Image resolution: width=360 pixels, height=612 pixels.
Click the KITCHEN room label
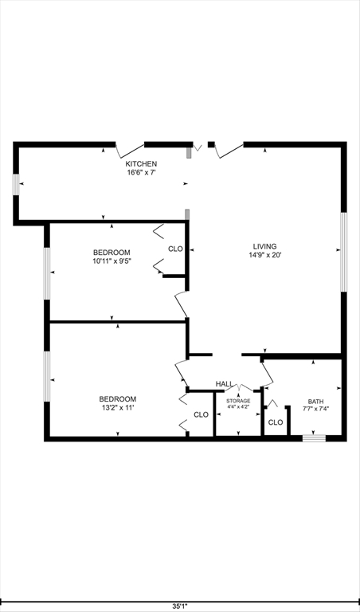[135, 163]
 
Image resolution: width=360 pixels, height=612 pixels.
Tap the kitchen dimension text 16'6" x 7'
[135, 172]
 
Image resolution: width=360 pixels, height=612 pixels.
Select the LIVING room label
[266, 246]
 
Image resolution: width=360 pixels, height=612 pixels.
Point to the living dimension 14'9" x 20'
[266, 256]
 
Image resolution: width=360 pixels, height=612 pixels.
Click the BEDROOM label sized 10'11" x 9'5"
[112, 252]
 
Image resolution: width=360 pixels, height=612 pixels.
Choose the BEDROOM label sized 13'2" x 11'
[117, 398]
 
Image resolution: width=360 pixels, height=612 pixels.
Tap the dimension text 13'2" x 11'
[117, 408]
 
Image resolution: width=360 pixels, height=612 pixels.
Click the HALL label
[224, 384]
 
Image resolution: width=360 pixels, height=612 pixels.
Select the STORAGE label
[238, 401]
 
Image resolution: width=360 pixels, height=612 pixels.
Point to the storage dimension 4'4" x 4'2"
[238, 407]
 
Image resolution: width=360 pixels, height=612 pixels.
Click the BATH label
[316, 402]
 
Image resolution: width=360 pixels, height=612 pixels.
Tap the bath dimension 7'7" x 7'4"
[316, 409]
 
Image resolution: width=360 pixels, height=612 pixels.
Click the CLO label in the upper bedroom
[175, 249]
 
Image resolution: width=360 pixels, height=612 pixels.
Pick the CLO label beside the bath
[275, 422]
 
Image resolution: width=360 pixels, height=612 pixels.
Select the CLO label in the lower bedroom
[201, 414]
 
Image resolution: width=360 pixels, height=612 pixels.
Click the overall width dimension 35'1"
[180, 606]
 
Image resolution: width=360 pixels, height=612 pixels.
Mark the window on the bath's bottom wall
[315, 437]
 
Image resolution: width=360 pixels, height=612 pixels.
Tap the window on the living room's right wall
[344, 252]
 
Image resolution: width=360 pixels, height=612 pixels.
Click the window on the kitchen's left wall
[15, 183]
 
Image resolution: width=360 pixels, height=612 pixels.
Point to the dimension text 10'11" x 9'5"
[112, 261]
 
